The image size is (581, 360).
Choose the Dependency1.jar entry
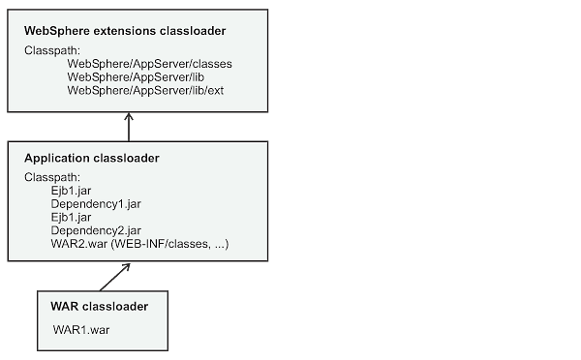pyautogui.click(x=97, y=204)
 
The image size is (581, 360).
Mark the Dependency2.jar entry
pyautogui.click(x=97, y=230)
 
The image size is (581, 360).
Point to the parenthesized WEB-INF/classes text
pyautogui.click(x=170, y=244)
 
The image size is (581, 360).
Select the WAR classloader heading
pyautogui.click(x=99, y=307)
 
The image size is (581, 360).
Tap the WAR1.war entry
pyautogui.click(x=80, y=330)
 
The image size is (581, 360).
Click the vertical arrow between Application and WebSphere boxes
pyautogui.click(x=129, y=128)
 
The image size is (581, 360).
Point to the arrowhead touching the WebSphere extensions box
pyautogui.click(x=129, y=116)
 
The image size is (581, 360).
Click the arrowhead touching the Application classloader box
pyautogui.click(x=126, y=267)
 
